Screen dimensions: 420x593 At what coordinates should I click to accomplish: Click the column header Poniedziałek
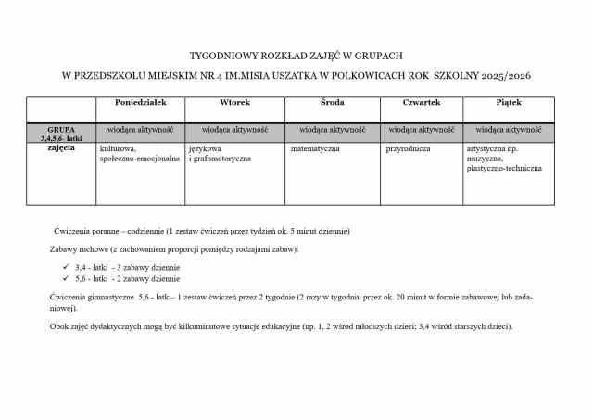coord(139,102)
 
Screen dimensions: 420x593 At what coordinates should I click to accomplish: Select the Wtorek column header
coord(234,102)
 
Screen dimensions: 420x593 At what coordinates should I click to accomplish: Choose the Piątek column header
coord(508,102)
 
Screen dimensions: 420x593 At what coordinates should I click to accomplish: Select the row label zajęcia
coord(60,147)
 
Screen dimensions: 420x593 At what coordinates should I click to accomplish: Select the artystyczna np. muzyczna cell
coord(505,159)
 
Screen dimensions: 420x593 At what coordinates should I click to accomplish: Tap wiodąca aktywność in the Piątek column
coord(508,130)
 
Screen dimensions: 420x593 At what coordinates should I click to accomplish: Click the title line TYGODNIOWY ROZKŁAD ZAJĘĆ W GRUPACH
coord(296,55)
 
